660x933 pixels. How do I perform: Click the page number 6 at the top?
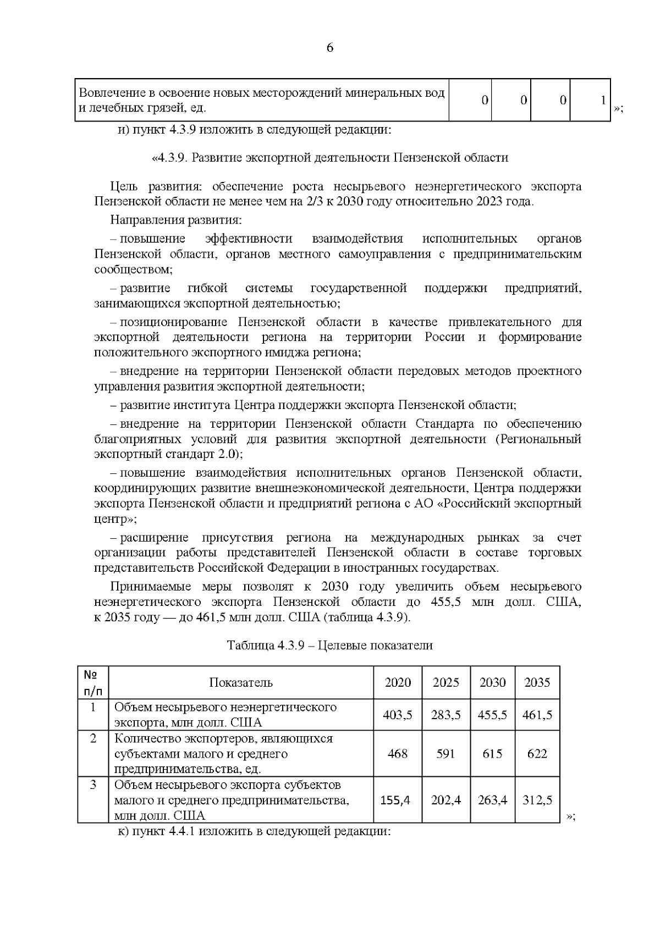click(329, 48)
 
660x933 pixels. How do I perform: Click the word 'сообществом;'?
click(134, 270)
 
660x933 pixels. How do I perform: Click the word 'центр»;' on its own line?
click(116, 519)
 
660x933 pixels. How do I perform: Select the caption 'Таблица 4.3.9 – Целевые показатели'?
click(329, 645)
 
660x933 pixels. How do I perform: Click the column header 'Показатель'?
click(241, 683)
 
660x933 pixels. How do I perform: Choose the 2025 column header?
click(446, 683)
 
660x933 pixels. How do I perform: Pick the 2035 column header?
click(537, 683)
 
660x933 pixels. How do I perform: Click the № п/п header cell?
click(93, 683)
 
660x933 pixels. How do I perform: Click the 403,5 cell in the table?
click(398, 715)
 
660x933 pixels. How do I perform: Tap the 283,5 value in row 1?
click(446, 715)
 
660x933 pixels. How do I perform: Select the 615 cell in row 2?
click(492, 754)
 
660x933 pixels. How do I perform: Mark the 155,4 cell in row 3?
click(395, 800)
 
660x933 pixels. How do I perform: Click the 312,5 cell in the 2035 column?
click(537, 800)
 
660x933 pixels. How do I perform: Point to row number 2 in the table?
click(93, 739)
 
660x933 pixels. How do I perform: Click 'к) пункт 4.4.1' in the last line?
click(157, 831)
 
